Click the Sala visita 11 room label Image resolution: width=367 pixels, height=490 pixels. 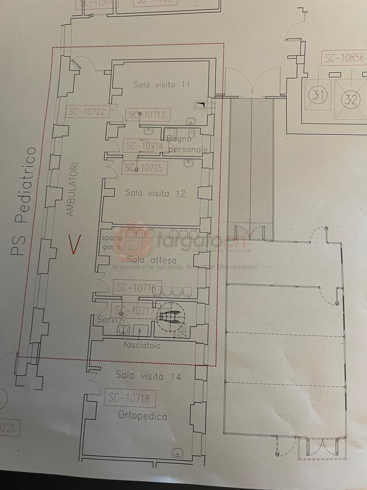[x=161, y=85]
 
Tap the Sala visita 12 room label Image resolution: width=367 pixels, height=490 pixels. [x=155, y=193]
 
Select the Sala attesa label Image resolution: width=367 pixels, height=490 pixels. [x=152, y=260]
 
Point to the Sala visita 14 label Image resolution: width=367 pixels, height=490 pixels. [x=148, y=376]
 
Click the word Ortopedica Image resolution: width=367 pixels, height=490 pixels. [x=143, y=416]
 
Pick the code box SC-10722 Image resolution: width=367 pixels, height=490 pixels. [x=87, y=112]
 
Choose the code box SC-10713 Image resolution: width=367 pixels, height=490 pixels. [x=148, y=115]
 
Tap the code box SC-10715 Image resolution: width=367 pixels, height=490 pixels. [x=144, y=168]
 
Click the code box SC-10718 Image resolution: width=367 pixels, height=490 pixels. [x=130, y=398]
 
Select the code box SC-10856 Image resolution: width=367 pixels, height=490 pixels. [x=344, y=58]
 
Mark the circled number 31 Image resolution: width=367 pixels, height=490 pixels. [x=318, y=95]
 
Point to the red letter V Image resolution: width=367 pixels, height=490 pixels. [x=74, y=244]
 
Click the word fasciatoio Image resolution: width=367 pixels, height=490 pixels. [x=142, y=345]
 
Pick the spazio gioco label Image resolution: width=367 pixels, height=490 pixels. [x=112, y=242]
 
